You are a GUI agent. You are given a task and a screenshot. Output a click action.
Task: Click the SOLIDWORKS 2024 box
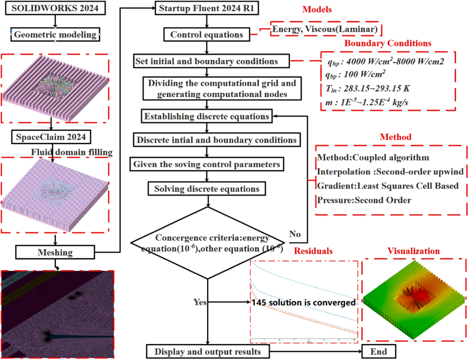[x=55, y=8]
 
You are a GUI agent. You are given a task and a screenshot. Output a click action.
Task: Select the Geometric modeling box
[x=55, y=35]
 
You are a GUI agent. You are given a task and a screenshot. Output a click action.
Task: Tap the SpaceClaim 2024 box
[x=51, y=137]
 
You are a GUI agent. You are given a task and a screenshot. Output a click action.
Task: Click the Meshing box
[x=55, y=252]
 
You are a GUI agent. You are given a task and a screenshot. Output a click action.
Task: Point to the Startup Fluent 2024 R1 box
[x=207, y=8]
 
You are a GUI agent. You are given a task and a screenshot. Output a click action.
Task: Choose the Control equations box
[x=207, y=35]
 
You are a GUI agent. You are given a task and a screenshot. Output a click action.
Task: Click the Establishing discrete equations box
[x=207, y=116]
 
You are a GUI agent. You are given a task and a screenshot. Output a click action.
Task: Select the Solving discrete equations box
[x=207, y=189]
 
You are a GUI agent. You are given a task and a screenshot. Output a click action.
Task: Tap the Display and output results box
[x=208, y=352]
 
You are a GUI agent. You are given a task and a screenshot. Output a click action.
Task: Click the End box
[x=379, y=352]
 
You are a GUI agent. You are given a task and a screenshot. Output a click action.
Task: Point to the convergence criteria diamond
[x=208, y=243]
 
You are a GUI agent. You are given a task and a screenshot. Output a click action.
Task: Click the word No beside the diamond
[x=295, y=234]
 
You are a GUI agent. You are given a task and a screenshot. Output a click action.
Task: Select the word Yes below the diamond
[x=200, y=302]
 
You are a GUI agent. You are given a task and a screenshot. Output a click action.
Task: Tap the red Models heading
[x=317, y=10]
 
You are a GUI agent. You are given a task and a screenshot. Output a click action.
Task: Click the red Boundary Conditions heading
[x=388, y=43]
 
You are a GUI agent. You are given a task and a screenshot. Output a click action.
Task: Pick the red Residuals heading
[x=313, y=251]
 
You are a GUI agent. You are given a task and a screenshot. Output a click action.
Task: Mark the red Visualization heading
[x=414, y=251]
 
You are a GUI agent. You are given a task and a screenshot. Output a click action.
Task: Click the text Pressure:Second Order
[x=364, y=200]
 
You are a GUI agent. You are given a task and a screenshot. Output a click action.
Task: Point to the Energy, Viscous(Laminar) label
[x=325, y=29]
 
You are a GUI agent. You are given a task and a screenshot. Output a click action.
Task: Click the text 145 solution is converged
[x=304, y=303]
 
